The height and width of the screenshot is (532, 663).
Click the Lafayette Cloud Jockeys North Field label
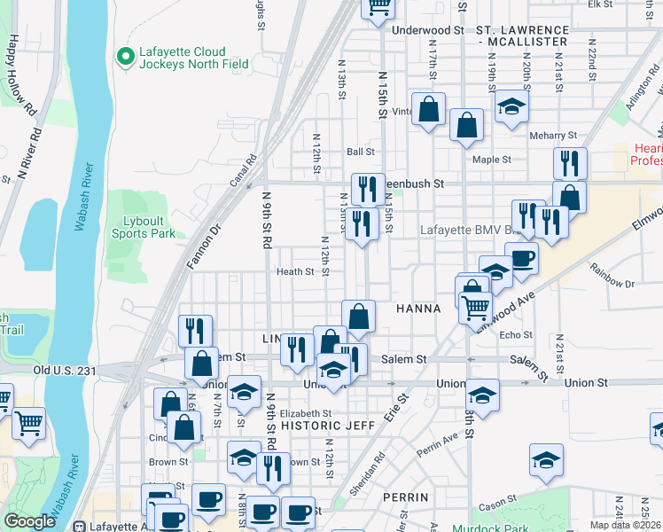[x=182, y=58]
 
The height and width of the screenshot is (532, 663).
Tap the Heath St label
[x=295, y=271]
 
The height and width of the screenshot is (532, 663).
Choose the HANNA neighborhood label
[x=417, y=309]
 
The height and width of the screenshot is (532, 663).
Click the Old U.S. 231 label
[x=63, y=370]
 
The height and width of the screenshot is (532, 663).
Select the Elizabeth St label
[x=304, y=413]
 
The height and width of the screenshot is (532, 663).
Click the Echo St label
[x=515, y=335]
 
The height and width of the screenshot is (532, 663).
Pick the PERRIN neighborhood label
[x=407, y=497]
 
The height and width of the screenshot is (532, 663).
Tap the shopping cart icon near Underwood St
[x=379, y=8]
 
